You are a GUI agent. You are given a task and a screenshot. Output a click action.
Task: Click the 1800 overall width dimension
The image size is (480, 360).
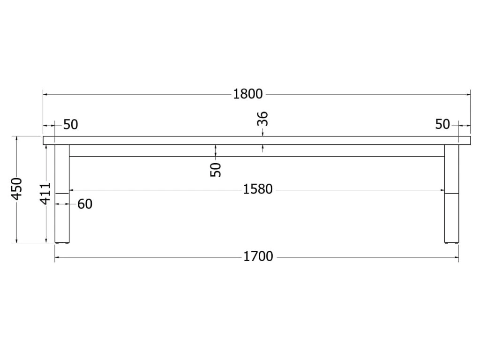tap(248, 94)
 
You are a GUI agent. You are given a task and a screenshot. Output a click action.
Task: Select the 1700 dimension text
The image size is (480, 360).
tap(258, 257)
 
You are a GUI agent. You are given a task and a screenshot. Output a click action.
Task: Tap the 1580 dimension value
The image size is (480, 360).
tap(258, 189)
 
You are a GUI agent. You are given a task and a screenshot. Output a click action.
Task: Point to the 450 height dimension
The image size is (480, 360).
tap(17, 188)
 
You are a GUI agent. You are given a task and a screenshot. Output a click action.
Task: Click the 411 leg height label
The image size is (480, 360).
tap(45, 193)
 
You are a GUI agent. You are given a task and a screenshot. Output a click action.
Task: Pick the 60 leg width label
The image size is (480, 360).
tap(85, 204)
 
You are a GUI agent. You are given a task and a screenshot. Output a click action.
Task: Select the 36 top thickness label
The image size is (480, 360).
tap(263, 119)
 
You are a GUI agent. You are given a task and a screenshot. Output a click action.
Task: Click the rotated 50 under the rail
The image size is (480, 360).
tap(216, 169)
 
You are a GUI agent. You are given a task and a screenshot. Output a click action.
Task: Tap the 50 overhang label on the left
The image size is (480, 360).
tap(71, 125)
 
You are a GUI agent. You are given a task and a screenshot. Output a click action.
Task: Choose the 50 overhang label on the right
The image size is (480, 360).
tap(442, 125)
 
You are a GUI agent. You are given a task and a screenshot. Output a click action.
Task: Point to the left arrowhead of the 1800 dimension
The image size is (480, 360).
tap(45, 94)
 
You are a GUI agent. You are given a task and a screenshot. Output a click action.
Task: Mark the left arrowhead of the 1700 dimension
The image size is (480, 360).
tap(57, 257)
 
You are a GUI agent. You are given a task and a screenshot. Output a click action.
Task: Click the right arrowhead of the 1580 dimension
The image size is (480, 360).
tap(442, 190)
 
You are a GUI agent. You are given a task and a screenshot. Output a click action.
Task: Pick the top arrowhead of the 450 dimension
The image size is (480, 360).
tap(17, 139)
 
